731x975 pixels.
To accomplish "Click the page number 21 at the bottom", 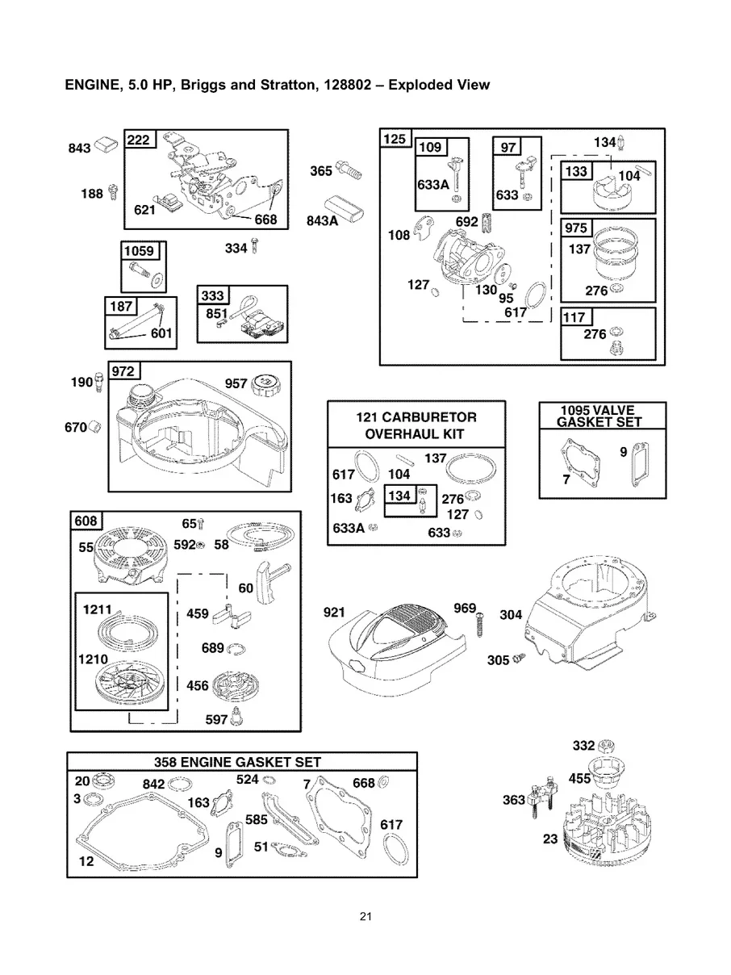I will [x=365, y=917].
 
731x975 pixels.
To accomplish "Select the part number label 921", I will [x=335, y=613].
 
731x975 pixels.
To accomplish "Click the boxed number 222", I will [x=140, y=140].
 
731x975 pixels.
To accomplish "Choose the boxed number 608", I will [x=86, y=521].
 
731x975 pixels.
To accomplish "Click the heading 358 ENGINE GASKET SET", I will [x=237, y=762].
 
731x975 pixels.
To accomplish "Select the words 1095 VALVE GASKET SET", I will [x=602, y=416].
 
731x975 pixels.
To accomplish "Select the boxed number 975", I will [x=577, y=228].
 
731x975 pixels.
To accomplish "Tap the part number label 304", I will [x=511, y=615].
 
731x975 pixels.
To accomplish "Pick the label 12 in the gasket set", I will [x=86, y=862].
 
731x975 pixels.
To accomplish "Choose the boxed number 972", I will [x=126, y=371].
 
